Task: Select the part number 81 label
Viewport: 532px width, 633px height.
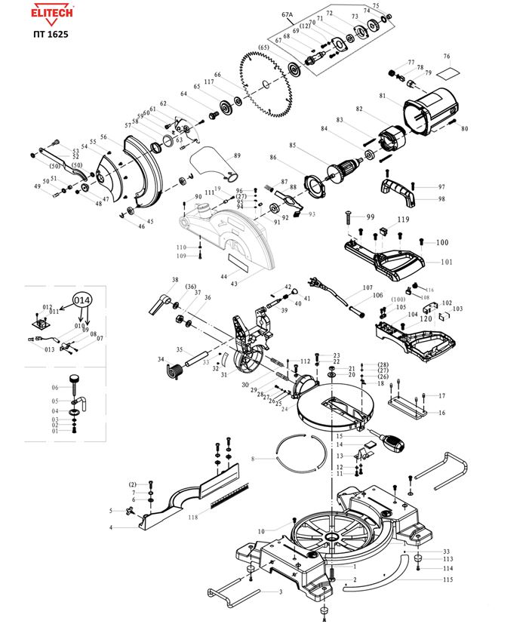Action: [383, 96]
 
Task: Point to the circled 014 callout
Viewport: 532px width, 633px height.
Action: [82, 300]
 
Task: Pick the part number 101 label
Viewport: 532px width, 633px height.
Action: [447, 263]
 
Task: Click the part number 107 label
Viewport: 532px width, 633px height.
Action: [367, 287]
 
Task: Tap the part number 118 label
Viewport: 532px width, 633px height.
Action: [193, 517]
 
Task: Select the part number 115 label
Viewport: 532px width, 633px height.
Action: [447, 579]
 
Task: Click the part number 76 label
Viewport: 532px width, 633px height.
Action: [447, 57]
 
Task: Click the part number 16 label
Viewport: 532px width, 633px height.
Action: [441, 413]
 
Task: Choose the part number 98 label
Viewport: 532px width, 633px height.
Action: [441, 199]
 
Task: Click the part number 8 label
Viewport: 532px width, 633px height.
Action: [254, 458]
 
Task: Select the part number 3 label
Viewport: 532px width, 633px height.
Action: [281, 592]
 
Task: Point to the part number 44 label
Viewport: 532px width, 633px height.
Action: [223, 277]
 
